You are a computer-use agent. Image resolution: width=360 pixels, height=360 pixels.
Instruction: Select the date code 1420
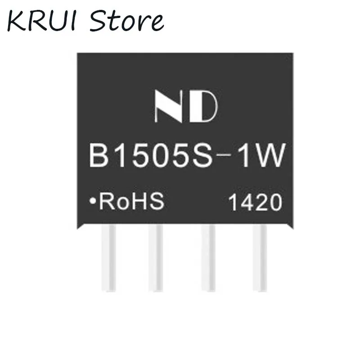pyautogui.click(x=255, y=204)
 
